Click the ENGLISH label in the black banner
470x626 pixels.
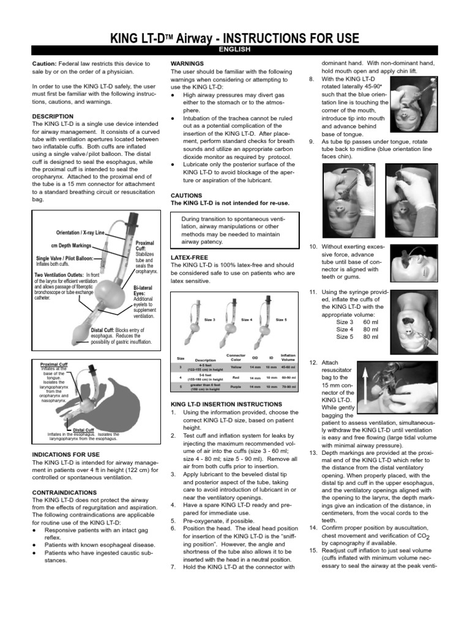(235, 50)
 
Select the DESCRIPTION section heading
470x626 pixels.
(53, 116)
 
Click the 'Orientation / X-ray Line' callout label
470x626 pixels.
(81, 233)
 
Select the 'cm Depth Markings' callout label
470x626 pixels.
(71, 246)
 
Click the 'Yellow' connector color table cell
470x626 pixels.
(236, 368)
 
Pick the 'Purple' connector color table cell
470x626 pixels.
(236, 387)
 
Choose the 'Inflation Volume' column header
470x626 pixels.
(288, 357)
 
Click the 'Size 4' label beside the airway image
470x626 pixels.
(247, 320)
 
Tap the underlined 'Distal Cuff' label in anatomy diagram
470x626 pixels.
(83, 430)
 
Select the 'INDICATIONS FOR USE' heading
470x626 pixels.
(65, 454)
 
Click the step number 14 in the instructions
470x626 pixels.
(313, 528)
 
